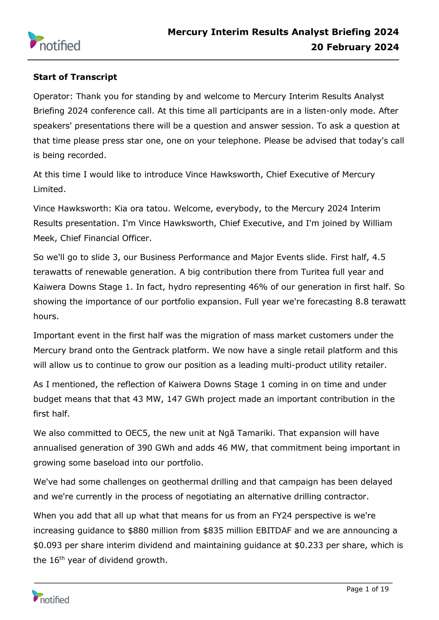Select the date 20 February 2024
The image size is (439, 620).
355,47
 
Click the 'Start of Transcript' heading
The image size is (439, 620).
75,77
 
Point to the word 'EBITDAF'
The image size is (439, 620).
274,530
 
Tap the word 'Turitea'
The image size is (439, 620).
315,272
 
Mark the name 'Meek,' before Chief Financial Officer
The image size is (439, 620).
45,238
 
